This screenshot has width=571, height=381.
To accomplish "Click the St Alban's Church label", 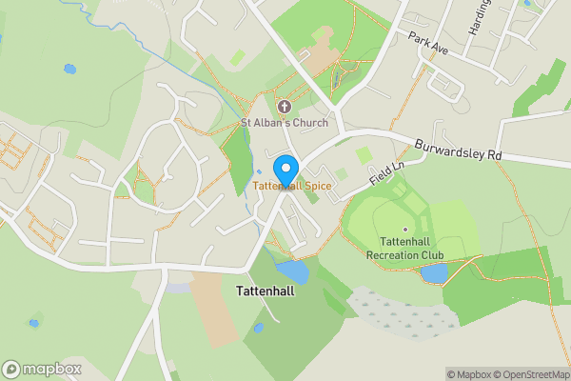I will pos(285,123).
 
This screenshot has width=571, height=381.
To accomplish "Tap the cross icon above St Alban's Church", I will pos(284,107).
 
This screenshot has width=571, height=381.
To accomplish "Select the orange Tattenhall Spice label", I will pos(292,186).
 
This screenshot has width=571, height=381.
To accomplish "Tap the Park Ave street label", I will pos(426,41).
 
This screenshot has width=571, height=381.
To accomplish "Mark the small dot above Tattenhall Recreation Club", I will pos(405,230).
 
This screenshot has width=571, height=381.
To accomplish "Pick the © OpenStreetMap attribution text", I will pos(532,374).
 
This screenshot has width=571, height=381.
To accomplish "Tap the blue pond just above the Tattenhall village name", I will pos(292,272).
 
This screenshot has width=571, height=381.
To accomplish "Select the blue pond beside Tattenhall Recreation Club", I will pos(434,274).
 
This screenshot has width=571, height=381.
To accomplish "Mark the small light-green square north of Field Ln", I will pos(364,154).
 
